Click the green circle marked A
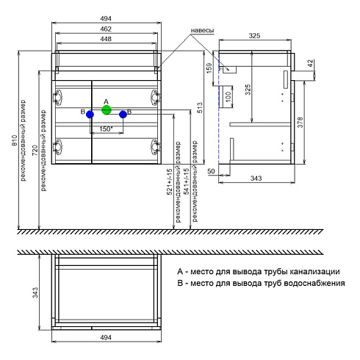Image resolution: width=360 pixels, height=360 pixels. click(x=107, y=110)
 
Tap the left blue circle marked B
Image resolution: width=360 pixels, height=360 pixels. click(x=90, y=115)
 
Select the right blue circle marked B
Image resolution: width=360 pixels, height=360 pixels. click(x=123, y=115)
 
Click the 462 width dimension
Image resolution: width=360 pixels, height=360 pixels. click(x=106, y=29)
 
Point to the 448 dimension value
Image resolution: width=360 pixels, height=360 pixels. click(x=106, y=39)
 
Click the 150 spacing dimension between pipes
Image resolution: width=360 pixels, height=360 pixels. click(x=106, y=129)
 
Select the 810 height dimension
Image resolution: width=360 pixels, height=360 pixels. click(x=15, y=140)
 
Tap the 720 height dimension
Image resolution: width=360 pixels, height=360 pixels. click(x=35, y=150)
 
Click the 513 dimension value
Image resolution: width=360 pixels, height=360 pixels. click(x=200, y=108)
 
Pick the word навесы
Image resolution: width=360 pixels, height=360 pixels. click(x=202, y=30)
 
